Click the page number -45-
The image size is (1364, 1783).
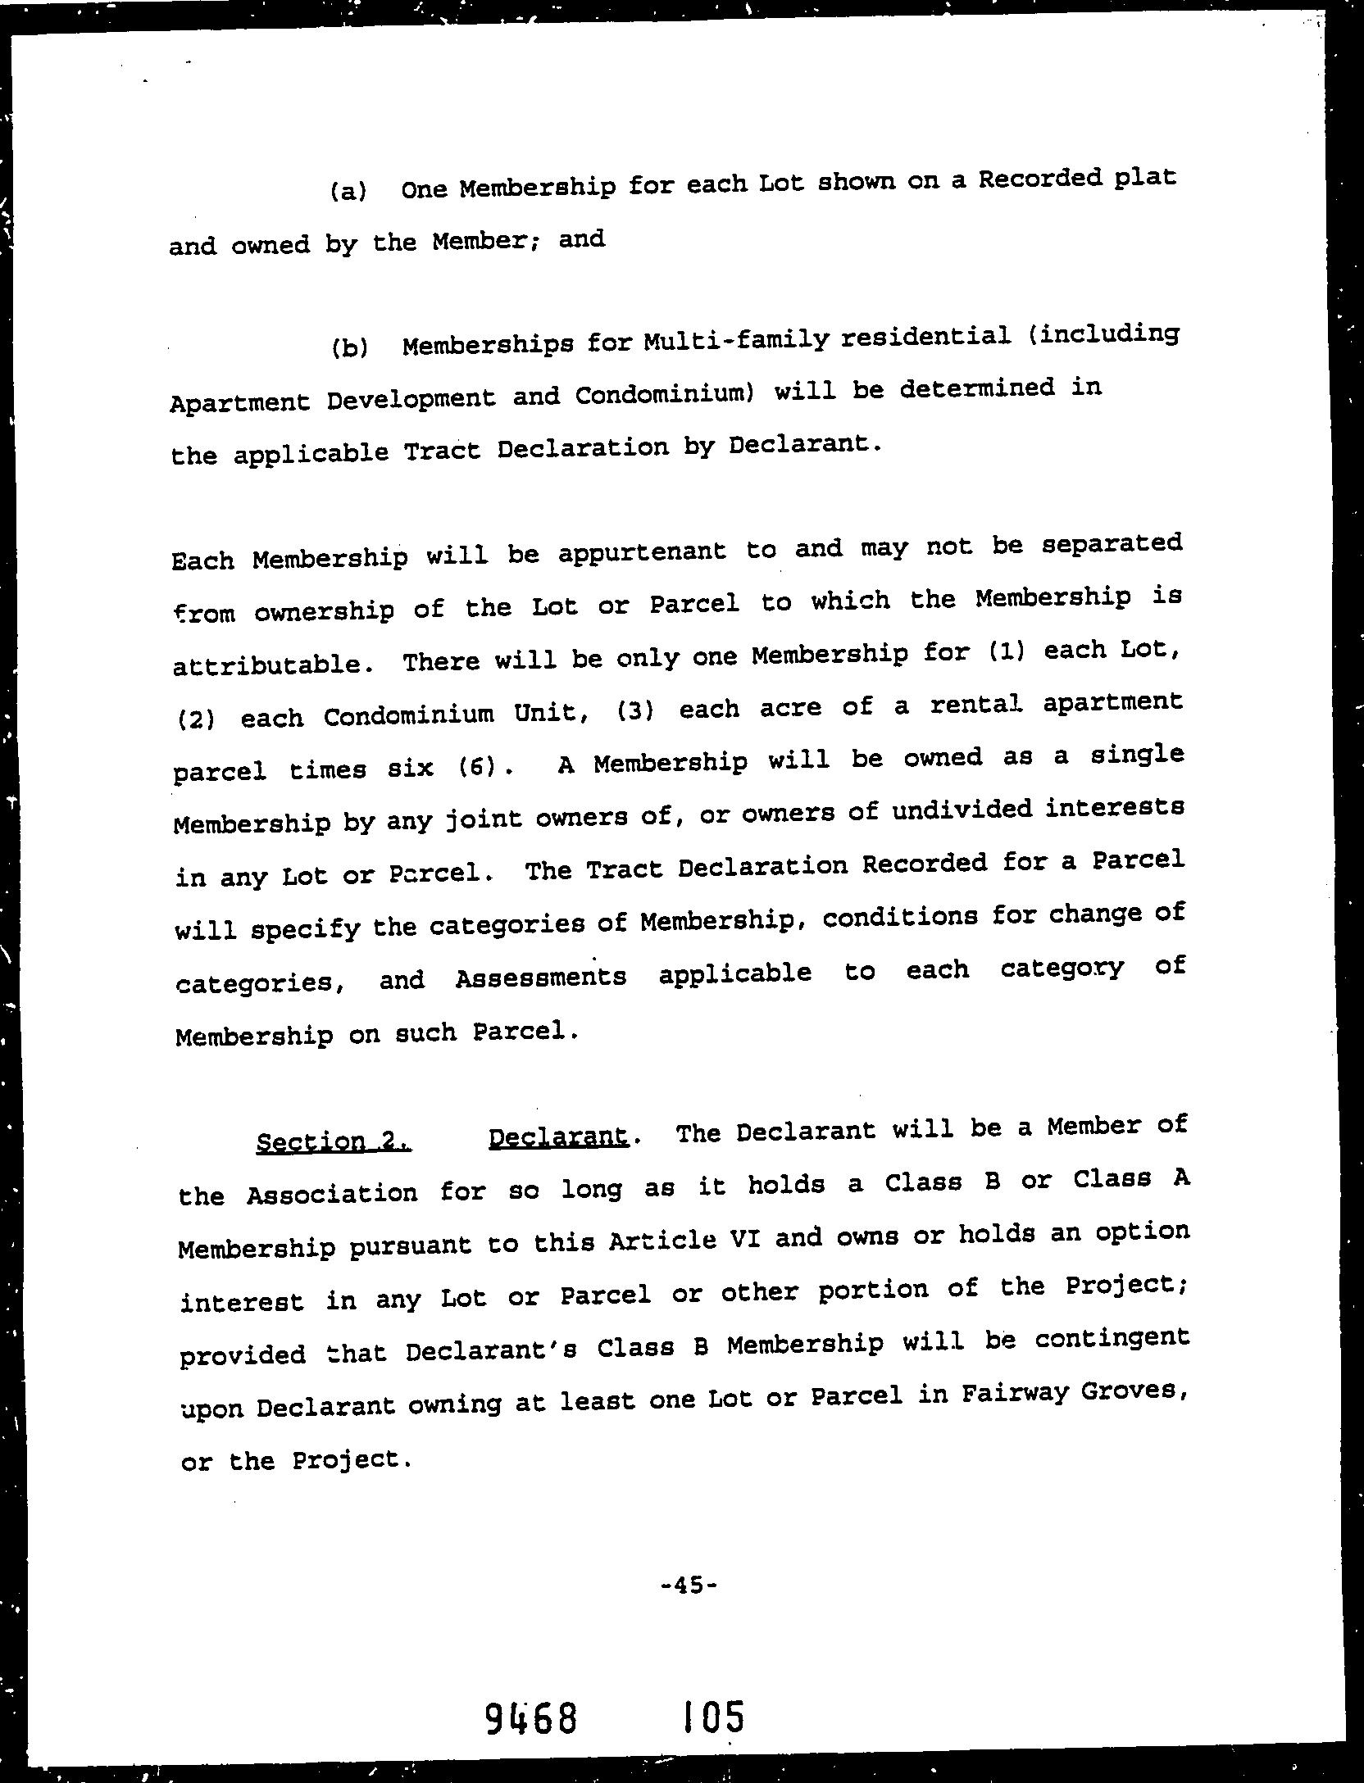pyautogui.click(x=689, y=1585)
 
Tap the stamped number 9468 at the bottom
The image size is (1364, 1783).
pyautogui.click(x=530, y=1717)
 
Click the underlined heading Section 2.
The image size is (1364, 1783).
pyautogui.click(x=334, y=1141)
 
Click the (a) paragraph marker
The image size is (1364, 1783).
pyautogui.click(x=348, y=192)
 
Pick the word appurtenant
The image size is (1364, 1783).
pyautogui.click(x=642, y=551)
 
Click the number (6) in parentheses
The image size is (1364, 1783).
pyautogui.click(x=475, y=767)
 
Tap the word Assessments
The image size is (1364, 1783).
pyautogui.click(x=540, y=978)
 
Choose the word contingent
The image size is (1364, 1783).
pyautogui.click(x=1112, y=1338)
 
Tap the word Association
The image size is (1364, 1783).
pyautogui.click(x=332, y=1194)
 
